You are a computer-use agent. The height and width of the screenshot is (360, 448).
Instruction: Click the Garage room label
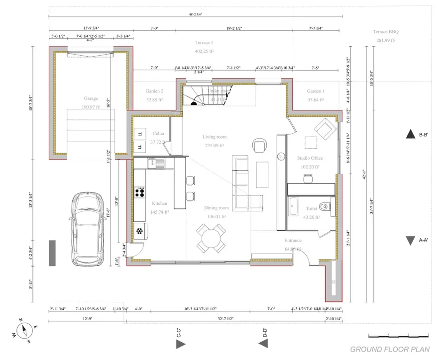coord(91,98)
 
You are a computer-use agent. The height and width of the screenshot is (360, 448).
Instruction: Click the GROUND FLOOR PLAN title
coord(390,349)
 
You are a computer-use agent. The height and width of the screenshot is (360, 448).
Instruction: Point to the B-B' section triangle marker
coord(411,134)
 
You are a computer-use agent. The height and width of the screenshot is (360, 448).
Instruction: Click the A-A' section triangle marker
coord(410,241)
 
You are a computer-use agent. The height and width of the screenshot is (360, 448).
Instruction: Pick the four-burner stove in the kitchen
coord(140,191)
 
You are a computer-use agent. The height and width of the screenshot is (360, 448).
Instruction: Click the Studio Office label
coord(310,158)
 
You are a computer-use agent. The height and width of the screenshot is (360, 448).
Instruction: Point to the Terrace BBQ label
coord(386,32)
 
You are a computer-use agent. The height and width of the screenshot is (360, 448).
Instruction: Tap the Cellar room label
coord(158,133)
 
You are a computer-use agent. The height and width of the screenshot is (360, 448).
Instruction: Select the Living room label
coord(214,137)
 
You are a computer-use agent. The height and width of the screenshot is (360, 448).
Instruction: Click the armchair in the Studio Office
coord(324,128)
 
